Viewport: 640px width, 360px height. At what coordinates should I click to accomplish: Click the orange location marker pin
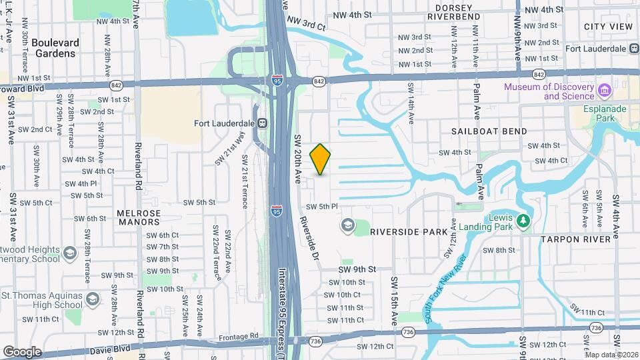tap(321, 159)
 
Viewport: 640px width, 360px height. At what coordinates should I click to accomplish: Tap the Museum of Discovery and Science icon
tap(605, 90)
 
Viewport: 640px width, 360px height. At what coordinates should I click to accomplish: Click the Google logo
tap(22, 351)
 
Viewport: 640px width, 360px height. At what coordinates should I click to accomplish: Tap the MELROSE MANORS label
tap(139, 217)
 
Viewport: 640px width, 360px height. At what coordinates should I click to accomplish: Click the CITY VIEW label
tap(607, 26)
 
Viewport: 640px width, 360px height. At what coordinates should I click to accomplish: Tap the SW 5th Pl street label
tap(323, 207)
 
